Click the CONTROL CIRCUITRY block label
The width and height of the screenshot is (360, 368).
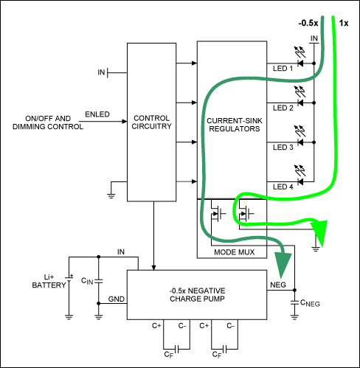153,121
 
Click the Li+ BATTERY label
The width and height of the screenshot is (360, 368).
47,283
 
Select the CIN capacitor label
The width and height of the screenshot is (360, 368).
87,280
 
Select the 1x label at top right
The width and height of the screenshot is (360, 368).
345,23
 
